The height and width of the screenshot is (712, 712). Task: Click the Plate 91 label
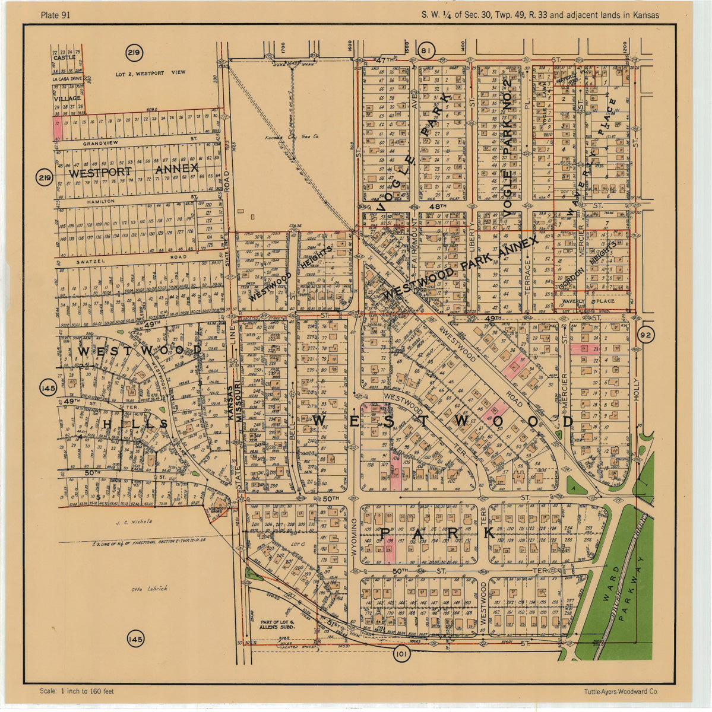point(55,15)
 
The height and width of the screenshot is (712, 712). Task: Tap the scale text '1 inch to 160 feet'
point(77,691)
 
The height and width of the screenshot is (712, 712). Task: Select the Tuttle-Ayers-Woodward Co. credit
point(621,691)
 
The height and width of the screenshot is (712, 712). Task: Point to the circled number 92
point(646,336)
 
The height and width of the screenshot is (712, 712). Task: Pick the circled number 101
point(401,655)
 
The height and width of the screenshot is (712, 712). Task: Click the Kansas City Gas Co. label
point(292,137)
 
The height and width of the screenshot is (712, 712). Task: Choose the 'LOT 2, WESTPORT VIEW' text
point(150,73)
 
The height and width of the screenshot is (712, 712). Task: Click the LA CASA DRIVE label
point(67,78)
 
